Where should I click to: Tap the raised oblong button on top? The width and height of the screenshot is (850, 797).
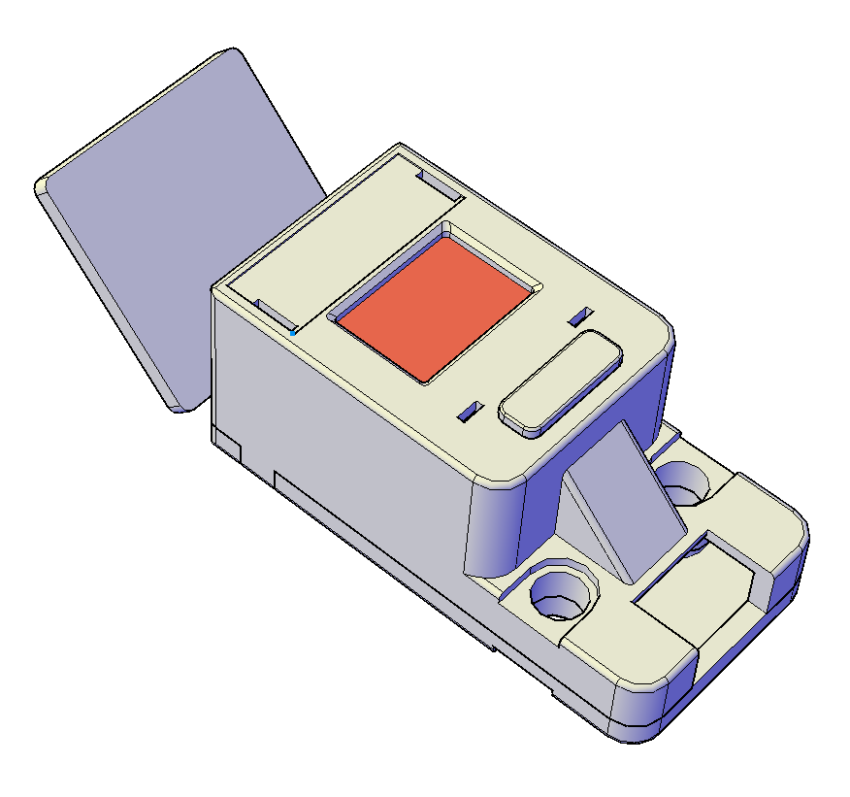click(x=561, y=382)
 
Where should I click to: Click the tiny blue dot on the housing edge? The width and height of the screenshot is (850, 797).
click(x=293, y=333)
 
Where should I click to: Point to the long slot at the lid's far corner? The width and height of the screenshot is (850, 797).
click(x=439, y=184)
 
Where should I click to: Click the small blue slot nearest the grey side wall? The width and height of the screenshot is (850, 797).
click(x=470, y=412)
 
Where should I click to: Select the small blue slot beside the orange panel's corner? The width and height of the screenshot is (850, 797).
click(x=580, y=315)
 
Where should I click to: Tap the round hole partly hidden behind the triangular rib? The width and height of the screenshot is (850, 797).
click(x=685, y=482)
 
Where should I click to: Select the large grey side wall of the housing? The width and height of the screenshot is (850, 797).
click(x=340, y=427)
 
